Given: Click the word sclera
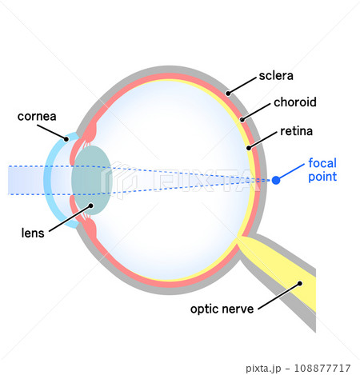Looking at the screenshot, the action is [x=276, y=76].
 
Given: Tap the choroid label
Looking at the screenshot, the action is [x=295, y=102].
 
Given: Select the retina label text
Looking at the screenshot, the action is [x=296, y=131].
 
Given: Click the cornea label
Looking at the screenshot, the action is [x=37, y=117].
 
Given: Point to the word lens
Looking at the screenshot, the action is [x=33, y=233].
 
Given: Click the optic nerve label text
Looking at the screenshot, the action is [x=222, y=309].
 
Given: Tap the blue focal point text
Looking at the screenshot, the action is [x=322, y=170].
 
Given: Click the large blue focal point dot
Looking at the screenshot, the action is [x=276, y=181].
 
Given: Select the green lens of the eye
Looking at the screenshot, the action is [x=91, y=180].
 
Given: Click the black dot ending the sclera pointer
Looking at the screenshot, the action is [x=228, y=94].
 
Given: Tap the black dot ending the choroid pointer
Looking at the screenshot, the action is [x=242, y=119].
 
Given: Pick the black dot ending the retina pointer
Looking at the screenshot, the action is [x=249, y=148].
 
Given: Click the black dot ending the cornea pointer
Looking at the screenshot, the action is [x=66, y=139].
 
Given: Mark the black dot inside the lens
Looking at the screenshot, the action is [x=91, y=205].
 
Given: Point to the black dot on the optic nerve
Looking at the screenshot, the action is [x=300, y=284].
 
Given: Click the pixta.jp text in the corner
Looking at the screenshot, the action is [x=263, y=369].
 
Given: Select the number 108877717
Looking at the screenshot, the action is [x=322, y=368].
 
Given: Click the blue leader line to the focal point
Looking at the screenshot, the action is [x=290, y=172].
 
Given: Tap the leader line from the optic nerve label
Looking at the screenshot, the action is [x=279, y=297].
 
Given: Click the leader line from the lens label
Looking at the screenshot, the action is [x=70, y=218].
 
